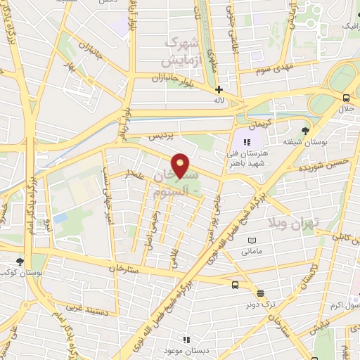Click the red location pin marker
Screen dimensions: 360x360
pos(181,165)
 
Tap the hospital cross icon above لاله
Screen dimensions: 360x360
pos(219,89)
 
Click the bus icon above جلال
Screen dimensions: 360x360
pos(346,98)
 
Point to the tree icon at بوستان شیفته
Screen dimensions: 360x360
pos(304,131)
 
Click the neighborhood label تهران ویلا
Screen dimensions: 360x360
pos(292,223)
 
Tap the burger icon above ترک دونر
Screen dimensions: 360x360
pos(260,293)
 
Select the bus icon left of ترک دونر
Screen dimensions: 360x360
pos(235,285)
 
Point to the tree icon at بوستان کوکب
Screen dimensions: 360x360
pos(29,261)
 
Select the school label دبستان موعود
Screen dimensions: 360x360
pos(185,349)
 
